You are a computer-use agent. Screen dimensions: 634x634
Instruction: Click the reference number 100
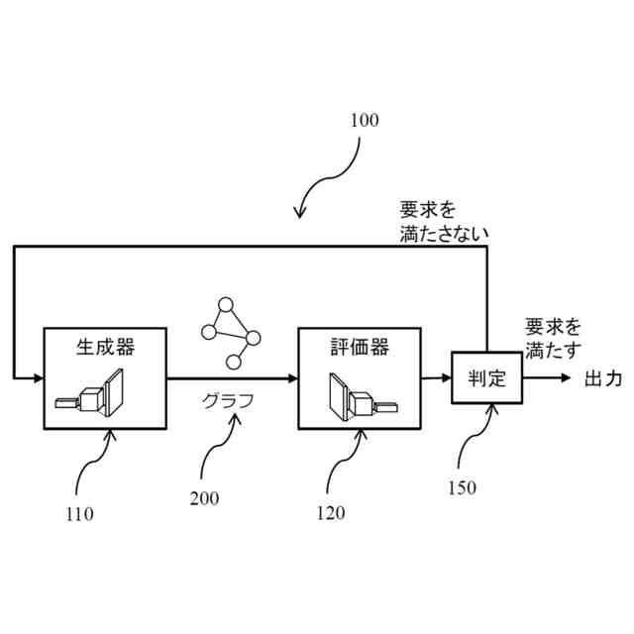[x=364, y=121]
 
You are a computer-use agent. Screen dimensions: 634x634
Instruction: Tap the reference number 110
[x=79, y=514]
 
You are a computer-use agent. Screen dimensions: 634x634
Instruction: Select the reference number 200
[x=204, y=498]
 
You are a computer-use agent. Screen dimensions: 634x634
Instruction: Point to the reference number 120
[x=331, y=513]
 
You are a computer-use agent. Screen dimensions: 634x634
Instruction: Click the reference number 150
[x=462, y=487]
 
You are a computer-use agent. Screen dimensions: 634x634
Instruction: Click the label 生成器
[x=105, y=348]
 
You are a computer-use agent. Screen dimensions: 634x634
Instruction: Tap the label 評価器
[x=360, y=348]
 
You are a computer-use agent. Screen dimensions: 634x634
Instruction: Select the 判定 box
[x=486, y=377]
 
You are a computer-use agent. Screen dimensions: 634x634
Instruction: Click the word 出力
[x=602, y=378]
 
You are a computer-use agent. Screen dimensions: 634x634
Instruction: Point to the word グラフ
[x=229, y=401]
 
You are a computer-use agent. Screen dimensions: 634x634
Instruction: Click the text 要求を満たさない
[x=444, y=222]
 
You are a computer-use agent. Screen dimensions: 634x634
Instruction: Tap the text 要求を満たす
[x=553, y=338]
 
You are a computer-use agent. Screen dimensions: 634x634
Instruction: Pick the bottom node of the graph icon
[x=234, y=361]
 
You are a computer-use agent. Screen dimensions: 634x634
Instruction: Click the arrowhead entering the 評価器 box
[x=292, y=378]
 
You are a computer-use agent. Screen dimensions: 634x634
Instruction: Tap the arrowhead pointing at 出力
[x=566, y=378]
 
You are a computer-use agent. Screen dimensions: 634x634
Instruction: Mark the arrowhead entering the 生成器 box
[x=38, y=377]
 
